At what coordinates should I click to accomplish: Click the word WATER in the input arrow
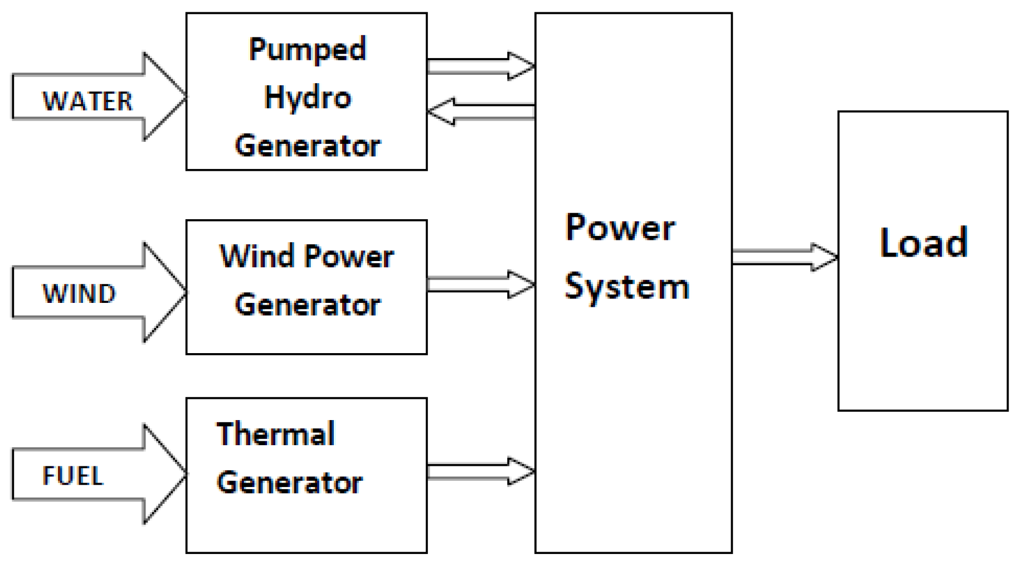87,102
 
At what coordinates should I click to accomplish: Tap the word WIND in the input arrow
79,294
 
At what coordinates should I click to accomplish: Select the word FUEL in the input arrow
73,476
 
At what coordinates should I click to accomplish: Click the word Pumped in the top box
307,50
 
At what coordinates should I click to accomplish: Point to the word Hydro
307,98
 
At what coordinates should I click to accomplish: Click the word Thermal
275,434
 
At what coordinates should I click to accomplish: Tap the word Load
923,243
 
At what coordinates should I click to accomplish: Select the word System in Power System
626,287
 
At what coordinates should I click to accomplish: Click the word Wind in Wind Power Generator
257,257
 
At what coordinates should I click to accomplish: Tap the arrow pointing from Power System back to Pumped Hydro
480,111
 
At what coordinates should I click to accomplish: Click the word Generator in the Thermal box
289,483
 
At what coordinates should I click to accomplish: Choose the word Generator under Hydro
307,146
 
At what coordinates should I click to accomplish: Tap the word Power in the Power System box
620,228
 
